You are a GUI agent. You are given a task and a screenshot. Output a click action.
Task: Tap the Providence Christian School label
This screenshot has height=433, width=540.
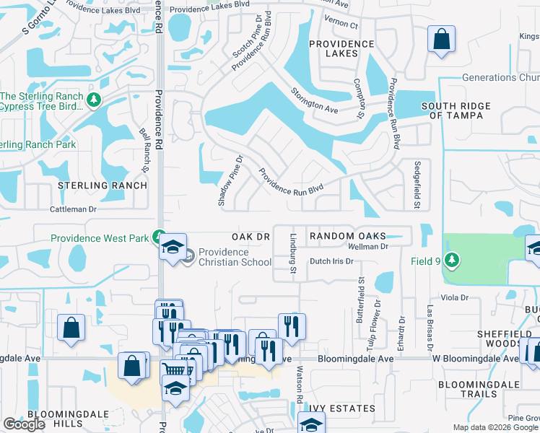(x=235, y=257)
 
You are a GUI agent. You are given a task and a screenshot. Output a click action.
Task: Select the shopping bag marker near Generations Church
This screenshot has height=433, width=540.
(x=441, y=40)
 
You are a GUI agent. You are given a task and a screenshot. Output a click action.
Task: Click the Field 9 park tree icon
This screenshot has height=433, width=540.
(x=453, y=259)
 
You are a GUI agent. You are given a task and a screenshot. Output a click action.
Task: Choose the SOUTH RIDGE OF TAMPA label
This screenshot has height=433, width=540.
(x=460, y=110)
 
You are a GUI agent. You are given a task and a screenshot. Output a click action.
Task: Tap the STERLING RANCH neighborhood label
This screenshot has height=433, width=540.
(x=103, y=185)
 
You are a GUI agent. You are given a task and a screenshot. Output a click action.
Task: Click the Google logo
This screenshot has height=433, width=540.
(x=24, y=424)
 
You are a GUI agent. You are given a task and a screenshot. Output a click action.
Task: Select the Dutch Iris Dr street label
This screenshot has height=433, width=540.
(x=332, y=262)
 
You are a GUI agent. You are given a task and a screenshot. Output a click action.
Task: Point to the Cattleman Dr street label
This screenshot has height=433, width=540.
(x=73, y=209)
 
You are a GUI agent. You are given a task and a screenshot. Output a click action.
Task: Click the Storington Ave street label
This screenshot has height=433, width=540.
(x=315, y=100)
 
